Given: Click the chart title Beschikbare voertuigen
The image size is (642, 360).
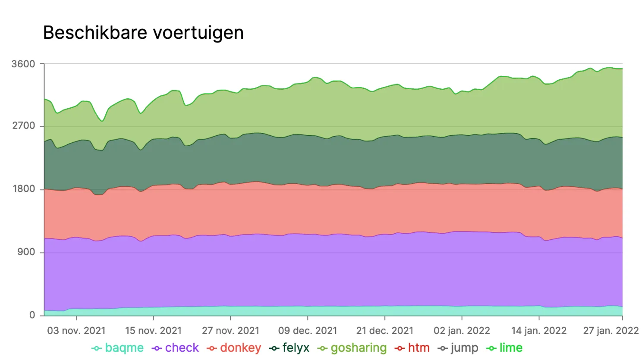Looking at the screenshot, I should (x=143, y=33).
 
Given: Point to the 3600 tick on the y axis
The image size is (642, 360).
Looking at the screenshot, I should (x=23, y=64).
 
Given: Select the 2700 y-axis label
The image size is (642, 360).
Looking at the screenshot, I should (x=23, y=126).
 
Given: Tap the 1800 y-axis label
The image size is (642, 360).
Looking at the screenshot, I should (x=23, y=189).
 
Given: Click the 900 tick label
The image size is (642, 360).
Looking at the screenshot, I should (x=26, y=252).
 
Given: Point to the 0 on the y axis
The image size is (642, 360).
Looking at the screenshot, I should (x=32, y=315).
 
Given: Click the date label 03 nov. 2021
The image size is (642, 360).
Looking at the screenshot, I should (x=76, y=331).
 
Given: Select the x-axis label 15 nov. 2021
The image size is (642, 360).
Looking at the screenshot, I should (x=153, y=331).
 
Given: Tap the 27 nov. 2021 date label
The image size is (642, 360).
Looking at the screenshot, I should (x=230, y=331).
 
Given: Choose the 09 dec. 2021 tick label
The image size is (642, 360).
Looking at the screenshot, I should (x=308, y=331).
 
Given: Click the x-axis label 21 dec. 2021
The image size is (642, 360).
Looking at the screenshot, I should (x=384, y=331).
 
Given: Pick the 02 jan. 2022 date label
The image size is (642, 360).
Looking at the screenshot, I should (x=462, y=331).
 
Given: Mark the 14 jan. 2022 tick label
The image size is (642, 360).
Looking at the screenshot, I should (x=538, y=331).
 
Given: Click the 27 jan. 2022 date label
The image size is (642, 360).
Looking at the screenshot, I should (x=611, y=331).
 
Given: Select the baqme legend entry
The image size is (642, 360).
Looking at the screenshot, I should (x=118, y=348).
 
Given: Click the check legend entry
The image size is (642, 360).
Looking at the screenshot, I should (x=175, y=348).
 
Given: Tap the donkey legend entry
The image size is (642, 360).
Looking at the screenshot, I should (x=234, y=348).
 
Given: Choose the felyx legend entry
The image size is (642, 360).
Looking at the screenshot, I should (x=289, y=348).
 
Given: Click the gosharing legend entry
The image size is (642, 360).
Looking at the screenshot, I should (x=352, y=348).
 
